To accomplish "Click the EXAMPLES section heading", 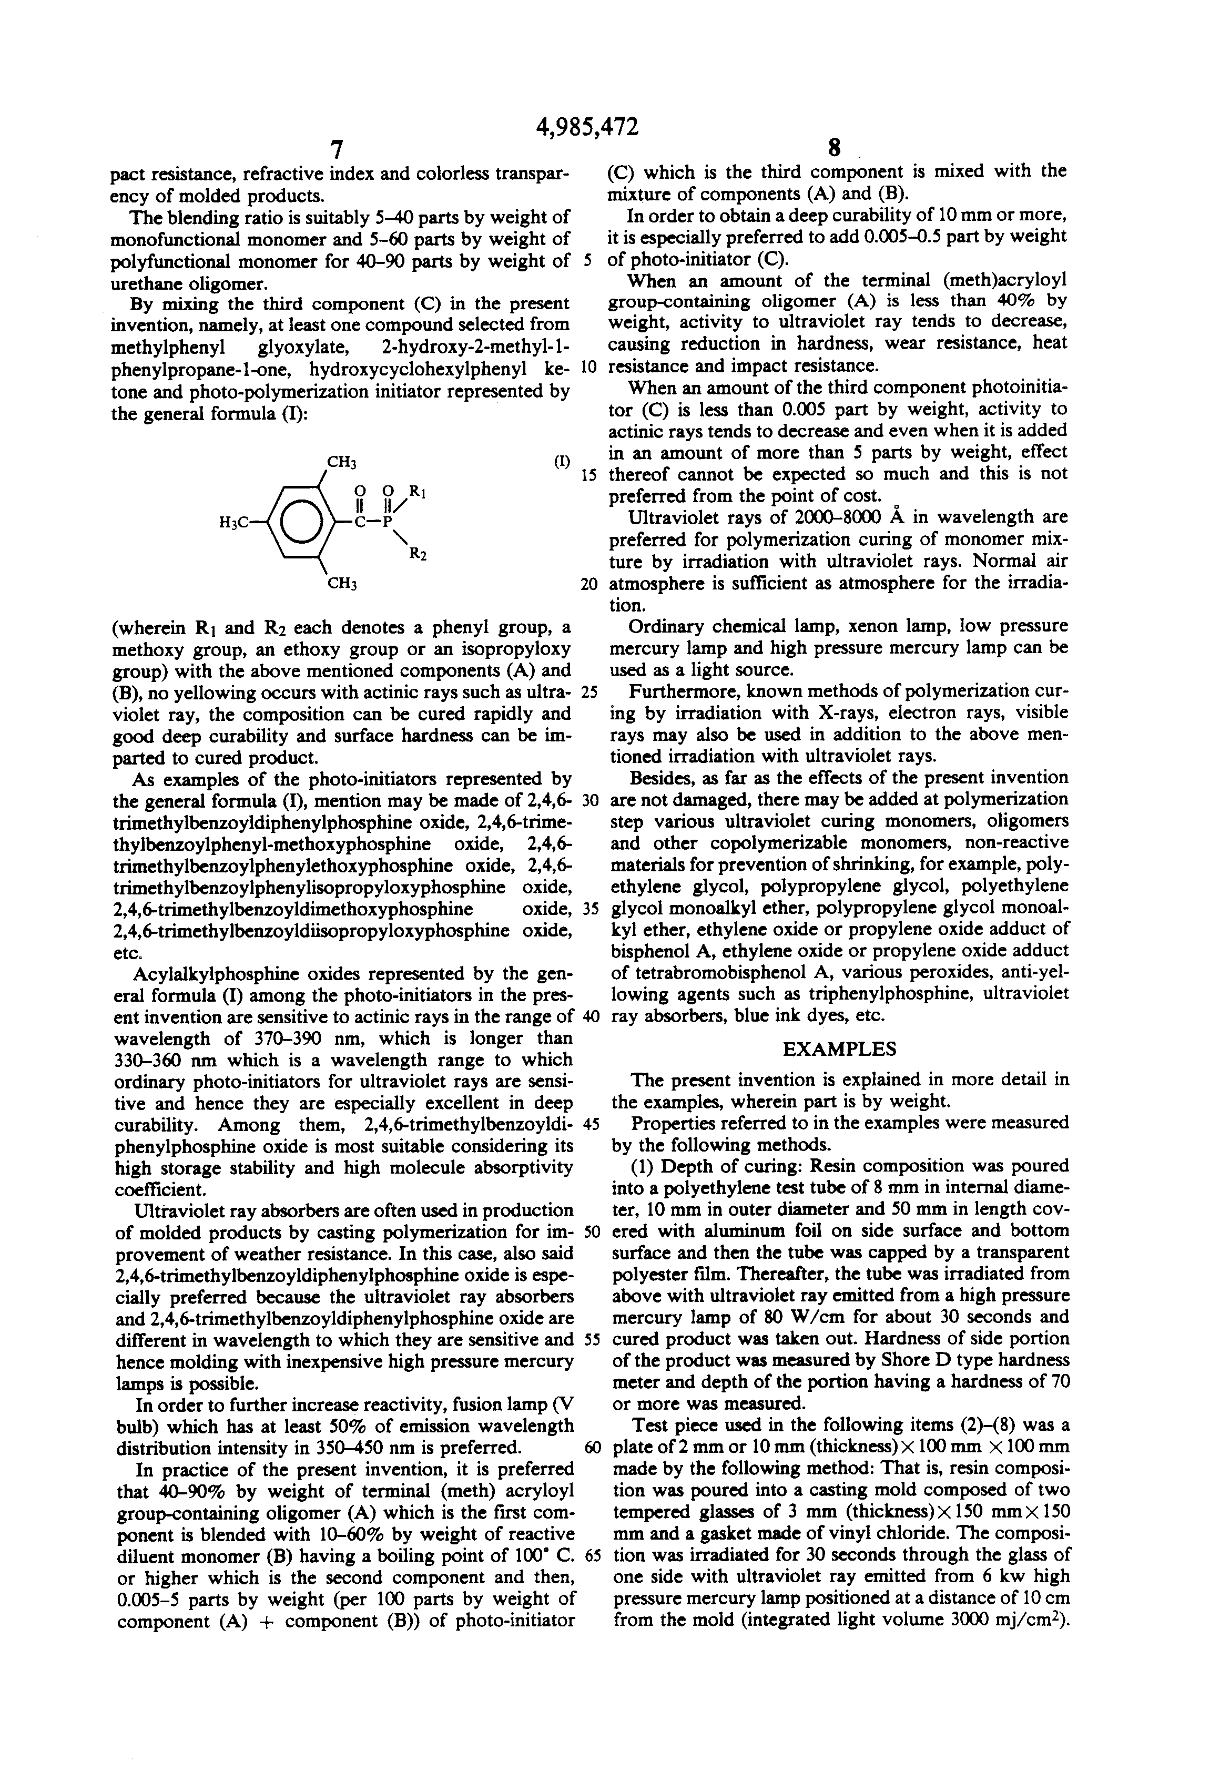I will click(x=839, y=1048).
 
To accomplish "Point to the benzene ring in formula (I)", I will click(x=297, y=522).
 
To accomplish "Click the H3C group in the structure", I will click(x=233, y=523).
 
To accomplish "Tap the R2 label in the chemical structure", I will click(x=416, y=553).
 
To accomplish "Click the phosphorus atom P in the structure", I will click(x=388, y=522).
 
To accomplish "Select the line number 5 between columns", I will click(x=587, y=261).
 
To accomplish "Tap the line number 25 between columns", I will click(x=590, y=691).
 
